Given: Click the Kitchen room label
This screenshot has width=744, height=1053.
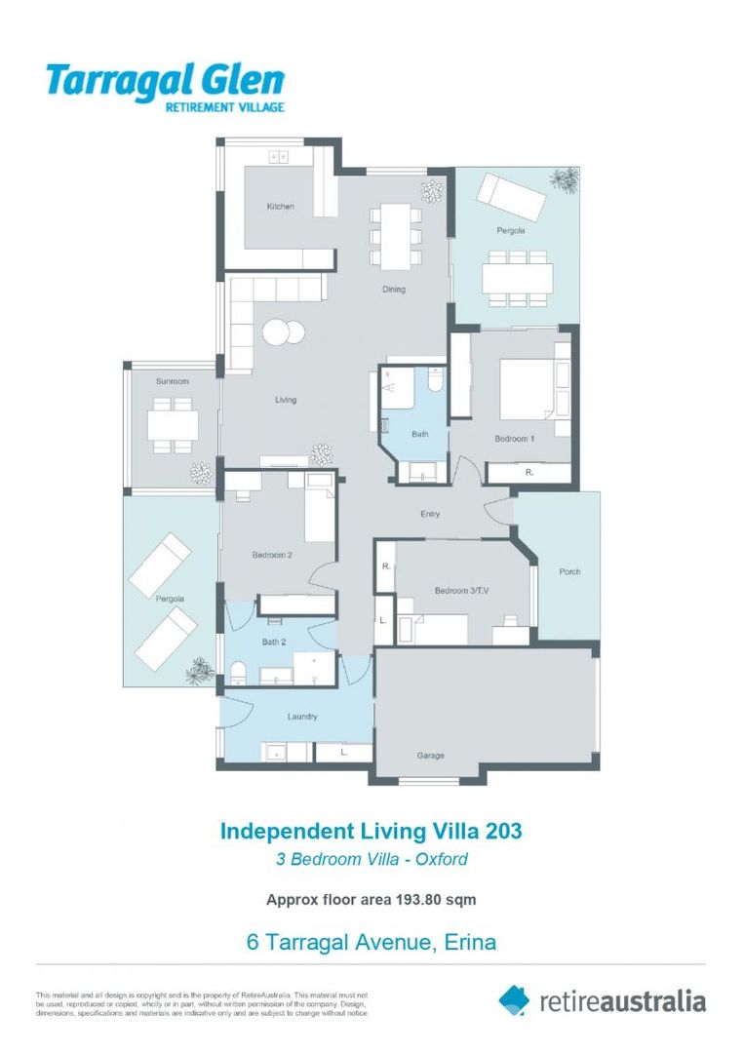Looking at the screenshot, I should [280, 207].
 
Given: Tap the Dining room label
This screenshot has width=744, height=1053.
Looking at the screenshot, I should [393, 290].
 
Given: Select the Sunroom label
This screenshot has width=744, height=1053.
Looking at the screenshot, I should [173, 381].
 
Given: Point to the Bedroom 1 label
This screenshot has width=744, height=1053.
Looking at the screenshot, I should [514, 439].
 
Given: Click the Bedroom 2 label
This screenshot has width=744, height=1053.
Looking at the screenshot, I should [272, 556].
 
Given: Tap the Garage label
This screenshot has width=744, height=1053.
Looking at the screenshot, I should [431, 756].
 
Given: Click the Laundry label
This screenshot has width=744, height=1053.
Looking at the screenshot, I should [302, 717].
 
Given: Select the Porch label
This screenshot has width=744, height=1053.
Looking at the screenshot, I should [568, 571].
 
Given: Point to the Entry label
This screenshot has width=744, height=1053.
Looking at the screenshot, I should [430, 514].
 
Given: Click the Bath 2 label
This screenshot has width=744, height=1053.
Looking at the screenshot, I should [274, 642].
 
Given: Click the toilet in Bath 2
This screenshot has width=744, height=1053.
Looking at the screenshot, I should [237, 672].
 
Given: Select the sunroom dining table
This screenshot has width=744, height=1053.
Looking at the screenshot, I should [173, 424].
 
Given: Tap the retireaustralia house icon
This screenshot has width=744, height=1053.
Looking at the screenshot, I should [515, 998].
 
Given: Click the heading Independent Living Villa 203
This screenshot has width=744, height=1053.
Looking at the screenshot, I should [371, 831].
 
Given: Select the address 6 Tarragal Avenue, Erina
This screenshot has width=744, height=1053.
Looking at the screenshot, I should [371, 943].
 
